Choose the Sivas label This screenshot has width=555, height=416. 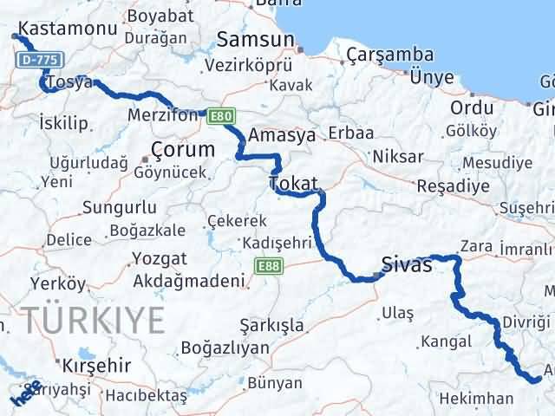coord(407,265)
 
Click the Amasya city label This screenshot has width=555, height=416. coord(282,135)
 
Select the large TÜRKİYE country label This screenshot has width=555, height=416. coord(95,321)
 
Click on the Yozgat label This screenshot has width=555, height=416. coord(160,257)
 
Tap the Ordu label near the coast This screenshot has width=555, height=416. coord(472,107)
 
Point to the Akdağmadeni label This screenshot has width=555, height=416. coord(187,281)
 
